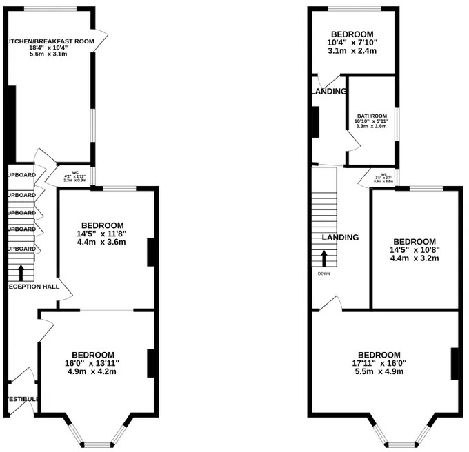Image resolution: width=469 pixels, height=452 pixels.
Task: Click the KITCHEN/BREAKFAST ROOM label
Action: [x=50, y=41]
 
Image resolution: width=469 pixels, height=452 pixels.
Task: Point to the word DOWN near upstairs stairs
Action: [x=324, y=274]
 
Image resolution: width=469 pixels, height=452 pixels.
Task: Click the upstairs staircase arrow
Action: [x=324, y=258]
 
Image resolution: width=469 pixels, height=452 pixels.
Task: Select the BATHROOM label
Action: [x=372, y=116]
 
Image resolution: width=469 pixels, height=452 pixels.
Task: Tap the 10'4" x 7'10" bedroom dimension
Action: [x=352, y=43]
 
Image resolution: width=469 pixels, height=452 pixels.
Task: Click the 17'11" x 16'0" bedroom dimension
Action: [x=379, y=363]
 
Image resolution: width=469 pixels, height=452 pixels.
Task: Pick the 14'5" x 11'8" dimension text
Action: [x=102, y=234]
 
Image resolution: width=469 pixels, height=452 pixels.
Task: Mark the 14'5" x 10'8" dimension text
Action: [x=415, y=250]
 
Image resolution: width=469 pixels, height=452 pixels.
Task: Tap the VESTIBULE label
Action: [x=22, y=399]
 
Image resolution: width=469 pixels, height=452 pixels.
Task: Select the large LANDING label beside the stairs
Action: [x=340, y=237]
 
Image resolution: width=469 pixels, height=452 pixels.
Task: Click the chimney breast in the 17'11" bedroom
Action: [x=455, y=364]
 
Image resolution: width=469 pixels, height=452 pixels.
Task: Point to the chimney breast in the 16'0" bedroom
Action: [x=150, y=363]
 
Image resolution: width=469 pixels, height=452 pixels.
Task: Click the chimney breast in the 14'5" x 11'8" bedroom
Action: [x=150, y=251]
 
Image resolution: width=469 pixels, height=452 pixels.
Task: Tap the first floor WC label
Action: [x=383, y=174]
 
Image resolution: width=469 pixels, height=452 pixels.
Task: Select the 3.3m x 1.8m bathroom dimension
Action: [x=372, y=127]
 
